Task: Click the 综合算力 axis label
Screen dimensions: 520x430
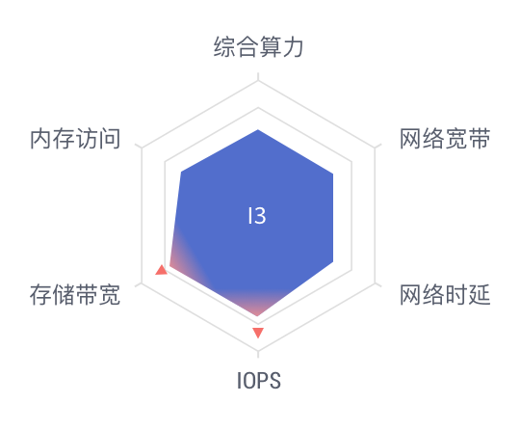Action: [258, 47]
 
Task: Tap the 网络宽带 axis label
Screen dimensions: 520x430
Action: [445, 139]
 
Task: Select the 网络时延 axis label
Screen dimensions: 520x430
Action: [445, 294]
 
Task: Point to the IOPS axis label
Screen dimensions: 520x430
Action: [259, 381]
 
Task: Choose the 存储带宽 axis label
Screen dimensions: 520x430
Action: [75, 294]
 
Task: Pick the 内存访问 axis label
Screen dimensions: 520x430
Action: [75, 139]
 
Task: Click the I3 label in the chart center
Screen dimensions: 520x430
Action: [257, 216]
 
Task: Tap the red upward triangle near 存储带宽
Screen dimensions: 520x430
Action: [161, 270]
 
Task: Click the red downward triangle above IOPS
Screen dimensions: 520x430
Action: [258, 333]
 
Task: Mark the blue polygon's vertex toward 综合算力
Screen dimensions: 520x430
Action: [258, 129]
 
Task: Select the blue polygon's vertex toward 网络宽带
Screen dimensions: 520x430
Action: [333, 174]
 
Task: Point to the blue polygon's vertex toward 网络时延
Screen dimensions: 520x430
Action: [333, 262]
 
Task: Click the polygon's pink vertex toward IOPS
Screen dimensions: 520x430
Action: [258, 316]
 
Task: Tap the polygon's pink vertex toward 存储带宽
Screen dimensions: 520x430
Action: [169, 266]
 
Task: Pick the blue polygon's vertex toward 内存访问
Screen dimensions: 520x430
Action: [181, 172]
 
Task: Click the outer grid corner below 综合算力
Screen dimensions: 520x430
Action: [258, 81]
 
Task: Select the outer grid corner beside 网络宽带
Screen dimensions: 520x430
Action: [376, 148]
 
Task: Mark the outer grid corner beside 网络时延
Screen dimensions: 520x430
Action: [376, 283]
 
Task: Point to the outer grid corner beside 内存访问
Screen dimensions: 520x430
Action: [142, 148]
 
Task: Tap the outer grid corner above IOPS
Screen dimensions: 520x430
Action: [258, 351]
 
